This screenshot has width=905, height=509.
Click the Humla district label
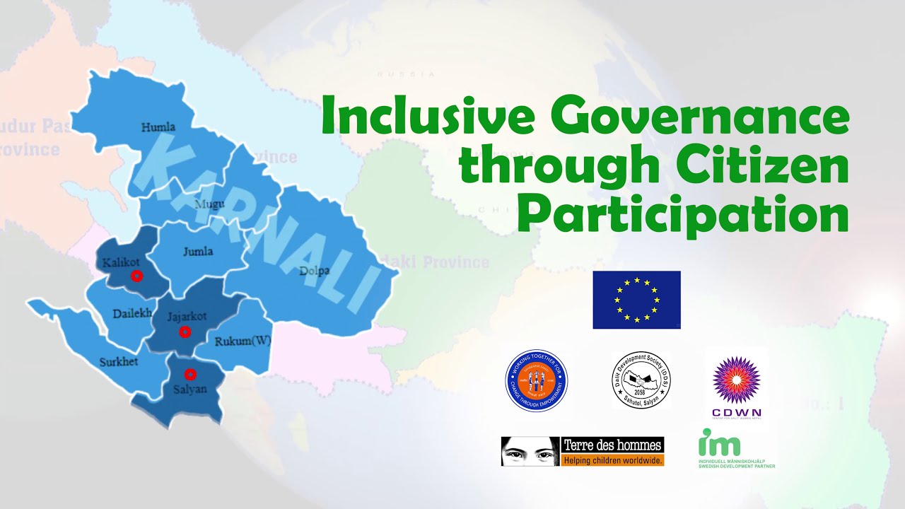point(158,128)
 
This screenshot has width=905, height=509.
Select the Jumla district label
point(197,251)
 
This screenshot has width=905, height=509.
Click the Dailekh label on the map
point(132,313)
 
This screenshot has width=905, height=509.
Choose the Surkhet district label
point(119,362)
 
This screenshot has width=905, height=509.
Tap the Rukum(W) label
point(242,341)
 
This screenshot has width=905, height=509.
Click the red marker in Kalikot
point(137,276)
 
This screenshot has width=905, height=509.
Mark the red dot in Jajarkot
point(185,332)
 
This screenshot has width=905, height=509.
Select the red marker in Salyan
point(189,374)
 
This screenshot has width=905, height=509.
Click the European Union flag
point(636,300)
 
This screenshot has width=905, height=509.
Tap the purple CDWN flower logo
point(737,379)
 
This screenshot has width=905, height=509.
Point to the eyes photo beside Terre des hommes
point(530,451)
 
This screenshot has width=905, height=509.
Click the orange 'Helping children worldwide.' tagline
point(612,460)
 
